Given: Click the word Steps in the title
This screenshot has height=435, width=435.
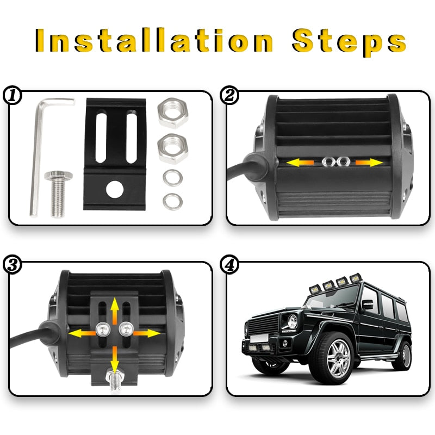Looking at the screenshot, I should coord(349,41).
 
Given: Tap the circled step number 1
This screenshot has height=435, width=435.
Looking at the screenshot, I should coord(12,96).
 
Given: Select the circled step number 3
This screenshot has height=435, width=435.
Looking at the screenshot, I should coord(12,265).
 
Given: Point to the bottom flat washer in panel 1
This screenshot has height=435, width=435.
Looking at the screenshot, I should coord(173,201).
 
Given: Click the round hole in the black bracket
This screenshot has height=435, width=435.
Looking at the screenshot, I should coord(114,190).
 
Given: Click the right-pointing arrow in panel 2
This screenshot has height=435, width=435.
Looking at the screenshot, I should coord(368,161).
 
